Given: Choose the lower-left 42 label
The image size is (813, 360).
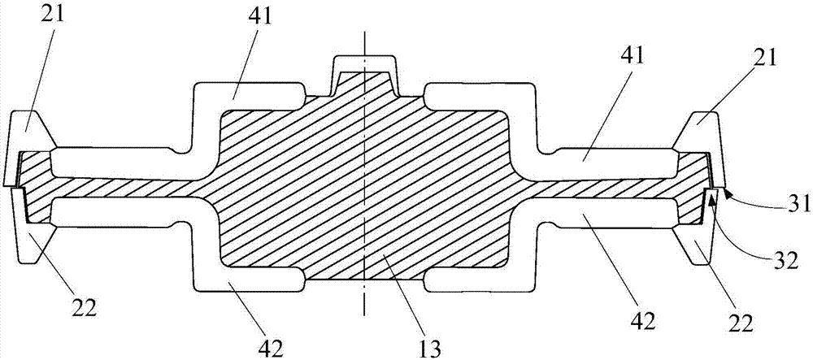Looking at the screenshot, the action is [x=272, y=347].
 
